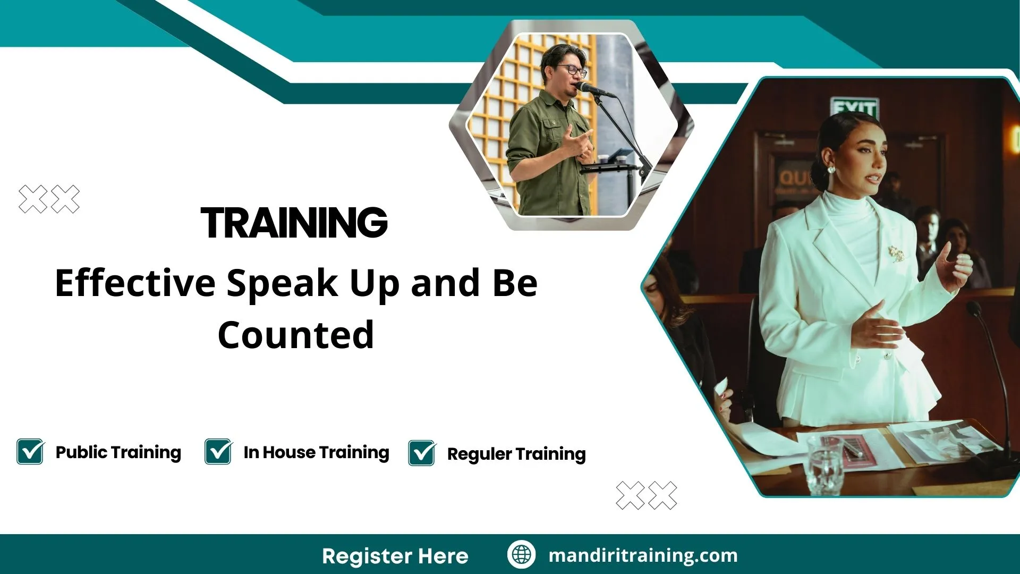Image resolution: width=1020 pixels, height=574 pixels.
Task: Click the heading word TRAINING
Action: (294, 223)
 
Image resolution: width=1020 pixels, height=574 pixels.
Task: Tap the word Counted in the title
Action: (296, 335)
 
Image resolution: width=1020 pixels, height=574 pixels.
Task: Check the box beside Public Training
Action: (30, 452)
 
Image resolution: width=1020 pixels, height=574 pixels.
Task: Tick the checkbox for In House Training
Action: (218, 452)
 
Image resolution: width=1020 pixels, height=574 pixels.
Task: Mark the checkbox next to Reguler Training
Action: (422, 453)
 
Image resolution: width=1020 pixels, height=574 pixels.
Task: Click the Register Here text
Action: (395, 556)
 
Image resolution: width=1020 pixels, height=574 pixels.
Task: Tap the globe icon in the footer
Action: (521, 555)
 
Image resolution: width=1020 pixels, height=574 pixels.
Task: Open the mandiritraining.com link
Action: (643, 555)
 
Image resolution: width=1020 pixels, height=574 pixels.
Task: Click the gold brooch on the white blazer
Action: (897, 254)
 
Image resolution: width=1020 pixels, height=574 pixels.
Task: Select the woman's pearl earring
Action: (831, 170)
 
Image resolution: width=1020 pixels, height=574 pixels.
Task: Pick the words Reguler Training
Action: (516, 454)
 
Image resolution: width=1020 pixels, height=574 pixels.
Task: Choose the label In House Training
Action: (316, 452)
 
